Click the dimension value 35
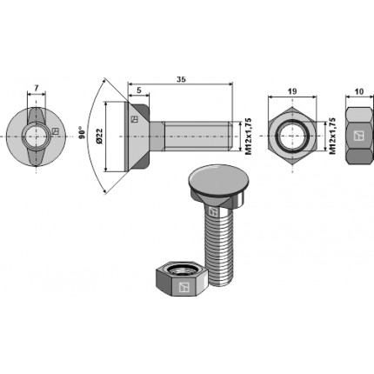point(182,79)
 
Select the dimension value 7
point(36,89)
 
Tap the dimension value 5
point(139,90)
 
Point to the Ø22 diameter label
point(99,137)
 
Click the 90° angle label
point(83,133)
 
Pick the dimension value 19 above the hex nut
point(292,91)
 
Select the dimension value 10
point(359,91)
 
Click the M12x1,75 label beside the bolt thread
point(248,137)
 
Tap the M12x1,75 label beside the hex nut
point(332,136)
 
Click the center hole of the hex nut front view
point(292,136)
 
